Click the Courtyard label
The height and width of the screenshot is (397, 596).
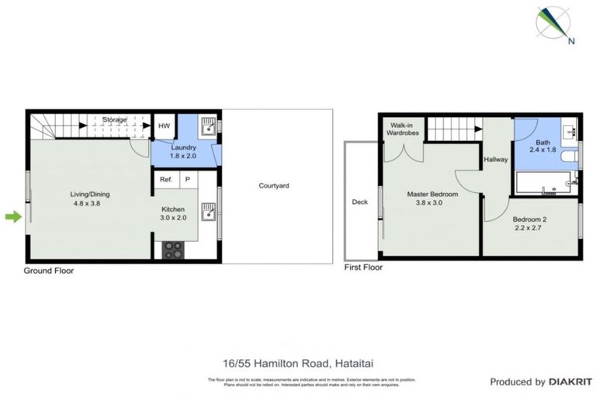pos(274,186)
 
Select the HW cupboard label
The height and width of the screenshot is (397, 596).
pos(164,126)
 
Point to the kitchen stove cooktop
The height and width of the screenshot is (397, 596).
pos(173,250)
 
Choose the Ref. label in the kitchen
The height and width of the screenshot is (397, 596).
pos(165,180)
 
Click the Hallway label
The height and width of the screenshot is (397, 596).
pos(495,160)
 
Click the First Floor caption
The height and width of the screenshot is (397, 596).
pos(363,268)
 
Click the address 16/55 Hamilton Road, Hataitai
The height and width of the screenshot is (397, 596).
pos(297,362)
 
